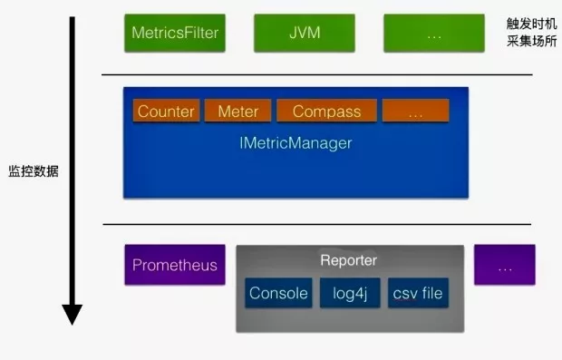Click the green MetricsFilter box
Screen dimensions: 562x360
(x=175, y=33)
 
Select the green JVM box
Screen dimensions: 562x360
(x=305, y=33)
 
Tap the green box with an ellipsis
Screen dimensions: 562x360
(x=434, y=33)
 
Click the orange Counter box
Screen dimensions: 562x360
(x=166, y=111)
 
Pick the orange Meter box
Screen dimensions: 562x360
(x=238, y=111)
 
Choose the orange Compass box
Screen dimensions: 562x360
(x=327, y=111)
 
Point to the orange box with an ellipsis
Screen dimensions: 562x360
(x=416, y=111)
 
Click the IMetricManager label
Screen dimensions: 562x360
(x=296, y=143)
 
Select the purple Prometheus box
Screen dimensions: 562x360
(x=175, y=265)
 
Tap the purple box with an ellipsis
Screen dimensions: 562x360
(x=505, y=265)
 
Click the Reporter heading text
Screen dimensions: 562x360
(x=349, y=260)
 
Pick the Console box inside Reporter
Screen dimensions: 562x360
(x=278, y=293)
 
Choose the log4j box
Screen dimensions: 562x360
(x=350, y=293)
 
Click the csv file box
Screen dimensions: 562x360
(x=418, y=293)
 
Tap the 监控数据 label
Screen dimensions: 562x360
(x=34, y=171)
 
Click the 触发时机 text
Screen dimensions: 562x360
(x=532, y=24)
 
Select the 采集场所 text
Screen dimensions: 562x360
(x=532, y=41)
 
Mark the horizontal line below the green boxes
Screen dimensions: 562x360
(x=317, y=74)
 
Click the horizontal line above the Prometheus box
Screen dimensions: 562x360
(x=317, y=224)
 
